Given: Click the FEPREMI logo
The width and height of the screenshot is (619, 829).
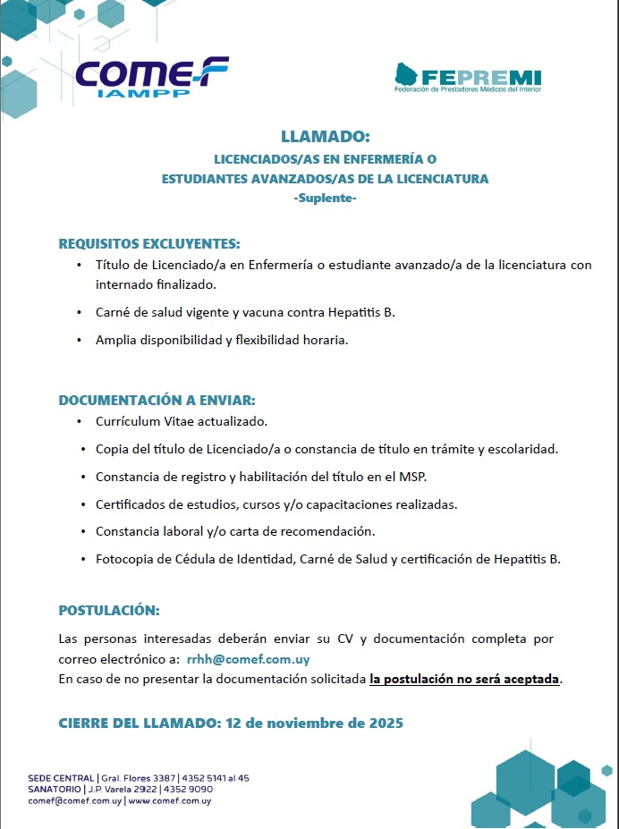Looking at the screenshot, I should (468, 79).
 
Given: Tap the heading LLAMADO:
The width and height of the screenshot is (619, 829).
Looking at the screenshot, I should (325, 138).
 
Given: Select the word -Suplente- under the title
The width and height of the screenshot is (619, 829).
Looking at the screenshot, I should (325, 198).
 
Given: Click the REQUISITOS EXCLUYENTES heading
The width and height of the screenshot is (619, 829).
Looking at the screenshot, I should (149, 244).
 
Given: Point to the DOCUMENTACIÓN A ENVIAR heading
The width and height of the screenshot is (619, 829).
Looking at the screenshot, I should (157, 401).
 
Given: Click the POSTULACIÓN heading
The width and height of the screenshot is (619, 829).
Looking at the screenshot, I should (109, 611).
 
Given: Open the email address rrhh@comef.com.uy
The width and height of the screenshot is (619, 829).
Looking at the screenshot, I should (248, 659).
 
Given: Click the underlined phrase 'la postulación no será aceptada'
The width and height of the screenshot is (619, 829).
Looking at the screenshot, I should (464, 679).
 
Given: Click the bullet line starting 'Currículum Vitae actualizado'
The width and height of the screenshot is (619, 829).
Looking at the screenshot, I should (182, 420).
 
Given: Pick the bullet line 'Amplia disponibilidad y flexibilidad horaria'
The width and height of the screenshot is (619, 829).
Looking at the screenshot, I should (222, 340).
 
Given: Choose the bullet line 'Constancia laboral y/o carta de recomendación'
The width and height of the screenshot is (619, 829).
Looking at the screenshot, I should (234, 531).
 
